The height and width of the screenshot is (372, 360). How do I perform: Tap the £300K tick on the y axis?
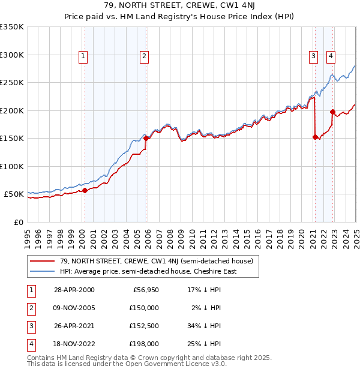coord(12,55)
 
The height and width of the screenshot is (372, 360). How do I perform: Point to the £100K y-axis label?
coord(12,166)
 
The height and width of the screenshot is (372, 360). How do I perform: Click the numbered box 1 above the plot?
coord(83,57)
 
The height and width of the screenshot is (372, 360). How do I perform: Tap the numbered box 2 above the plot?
coord(145,57)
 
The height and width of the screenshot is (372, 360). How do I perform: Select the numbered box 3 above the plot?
coord(314,57)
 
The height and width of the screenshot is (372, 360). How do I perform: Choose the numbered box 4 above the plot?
coord(331,57)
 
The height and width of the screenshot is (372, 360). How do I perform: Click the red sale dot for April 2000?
coord(85,190)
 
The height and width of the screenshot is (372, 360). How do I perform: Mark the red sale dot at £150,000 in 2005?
coord(146,138)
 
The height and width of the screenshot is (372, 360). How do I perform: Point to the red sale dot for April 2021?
coord(315,137)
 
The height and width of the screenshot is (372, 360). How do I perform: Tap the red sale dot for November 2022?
coord(332,112)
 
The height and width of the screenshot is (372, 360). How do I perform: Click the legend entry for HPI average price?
coord(148,271)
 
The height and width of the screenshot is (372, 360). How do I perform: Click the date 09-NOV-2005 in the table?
coord(74,308)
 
